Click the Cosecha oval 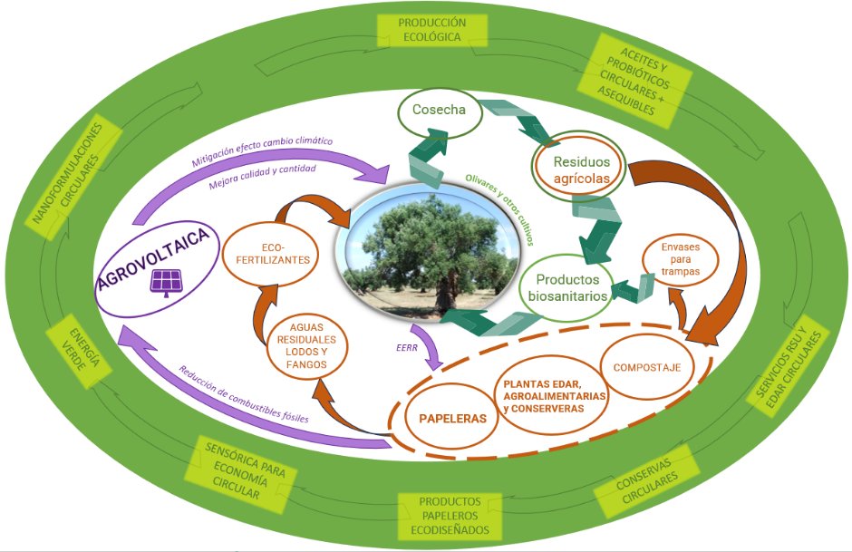click(x=438, y=111)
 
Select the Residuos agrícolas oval click(x=571, y=169)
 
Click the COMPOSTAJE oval click(x=646, y=367)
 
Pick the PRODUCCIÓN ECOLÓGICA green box click(x=432, y=29)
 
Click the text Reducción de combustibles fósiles click(x=243, y=395)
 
